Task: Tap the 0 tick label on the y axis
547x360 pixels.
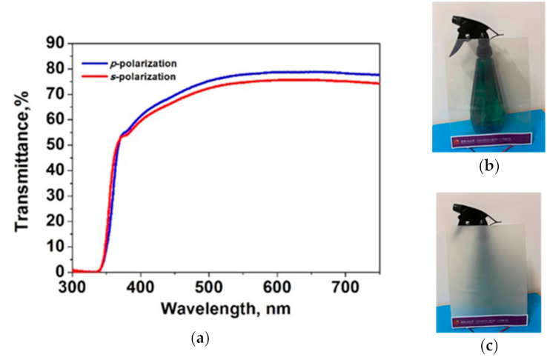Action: (62, 272)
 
